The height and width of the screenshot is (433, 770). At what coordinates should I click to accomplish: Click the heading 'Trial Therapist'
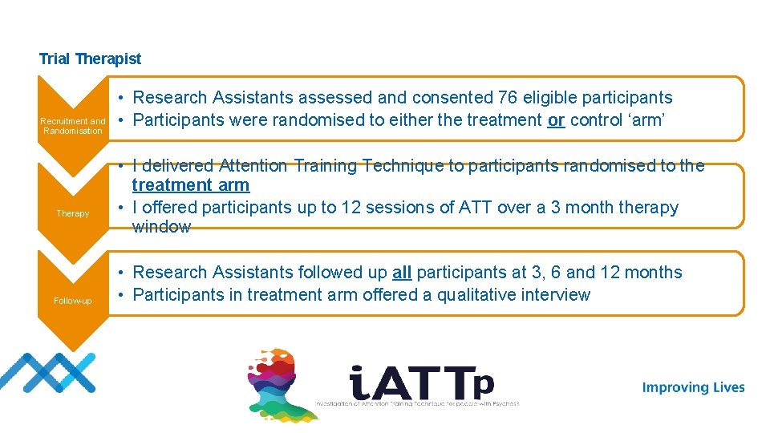[x=90, y=59]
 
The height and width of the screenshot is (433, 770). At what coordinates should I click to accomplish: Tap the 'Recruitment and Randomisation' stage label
[x=73, y=126]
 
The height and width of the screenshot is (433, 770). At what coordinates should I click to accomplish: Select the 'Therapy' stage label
[x=73, y=214]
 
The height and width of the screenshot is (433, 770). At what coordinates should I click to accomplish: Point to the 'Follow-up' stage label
[x=73, y=301]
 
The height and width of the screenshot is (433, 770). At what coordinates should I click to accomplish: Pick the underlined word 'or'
[x=556, y=120]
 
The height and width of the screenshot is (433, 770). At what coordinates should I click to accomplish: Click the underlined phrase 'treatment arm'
[x=191, y=185]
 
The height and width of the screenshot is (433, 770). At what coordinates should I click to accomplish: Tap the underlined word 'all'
[x=402, y=273]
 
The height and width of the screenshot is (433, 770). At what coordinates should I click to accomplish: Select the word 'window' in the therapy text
[x=161, y=227]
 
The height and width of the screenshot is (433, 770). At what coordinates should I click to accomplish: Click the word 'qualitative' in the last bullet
[x=452, y=295]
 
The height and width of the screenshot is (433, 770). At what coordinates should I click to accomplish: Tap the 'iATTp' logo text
[x=421, y=383]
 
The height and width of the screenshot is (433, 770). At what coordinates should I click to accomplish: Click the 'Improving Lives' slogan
[x=693, y=388]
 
